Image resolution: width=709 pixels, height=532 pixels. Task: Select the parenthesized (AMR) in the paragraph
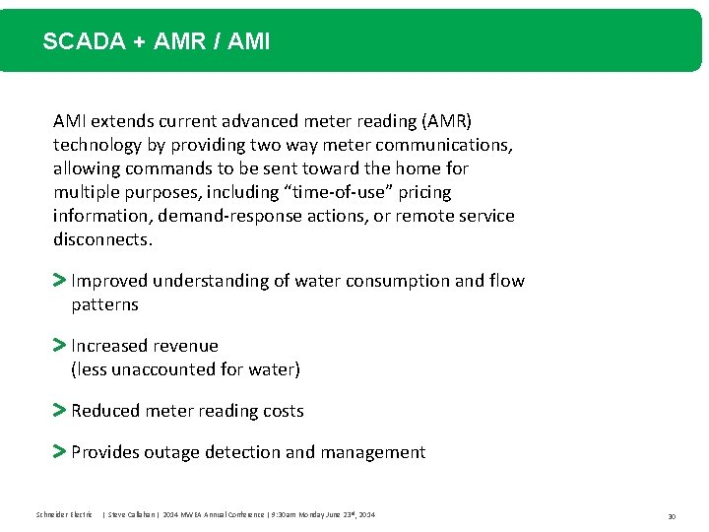click(x=446, y=121)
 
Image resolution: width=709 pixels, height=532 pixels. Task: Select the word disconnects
click(x=102, y=239)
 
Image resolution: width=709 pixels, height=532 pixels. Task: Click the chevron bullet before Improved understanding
click(x=59, y=281)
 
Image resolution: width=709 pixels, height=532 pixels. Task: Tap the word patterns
click(x=104, y=304)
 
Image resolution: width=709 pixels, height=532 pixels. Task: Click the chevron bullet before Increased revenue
click(x=59, y=346)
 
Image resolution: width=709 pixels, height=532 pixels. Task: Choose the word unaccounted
click(x=161, y=369)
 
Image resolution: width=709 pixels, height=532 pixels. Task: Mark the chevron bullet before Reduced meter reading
click(x=59, y=411)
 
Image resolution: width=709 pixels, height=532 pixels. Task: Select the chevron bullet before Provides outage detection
click(x=59, y=452)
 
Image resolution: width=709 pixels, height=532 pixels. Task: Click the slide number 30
click(x=672, y=515)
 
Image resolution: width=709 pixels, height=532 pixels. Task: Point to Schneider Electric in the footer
click(x=64, y=514)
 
